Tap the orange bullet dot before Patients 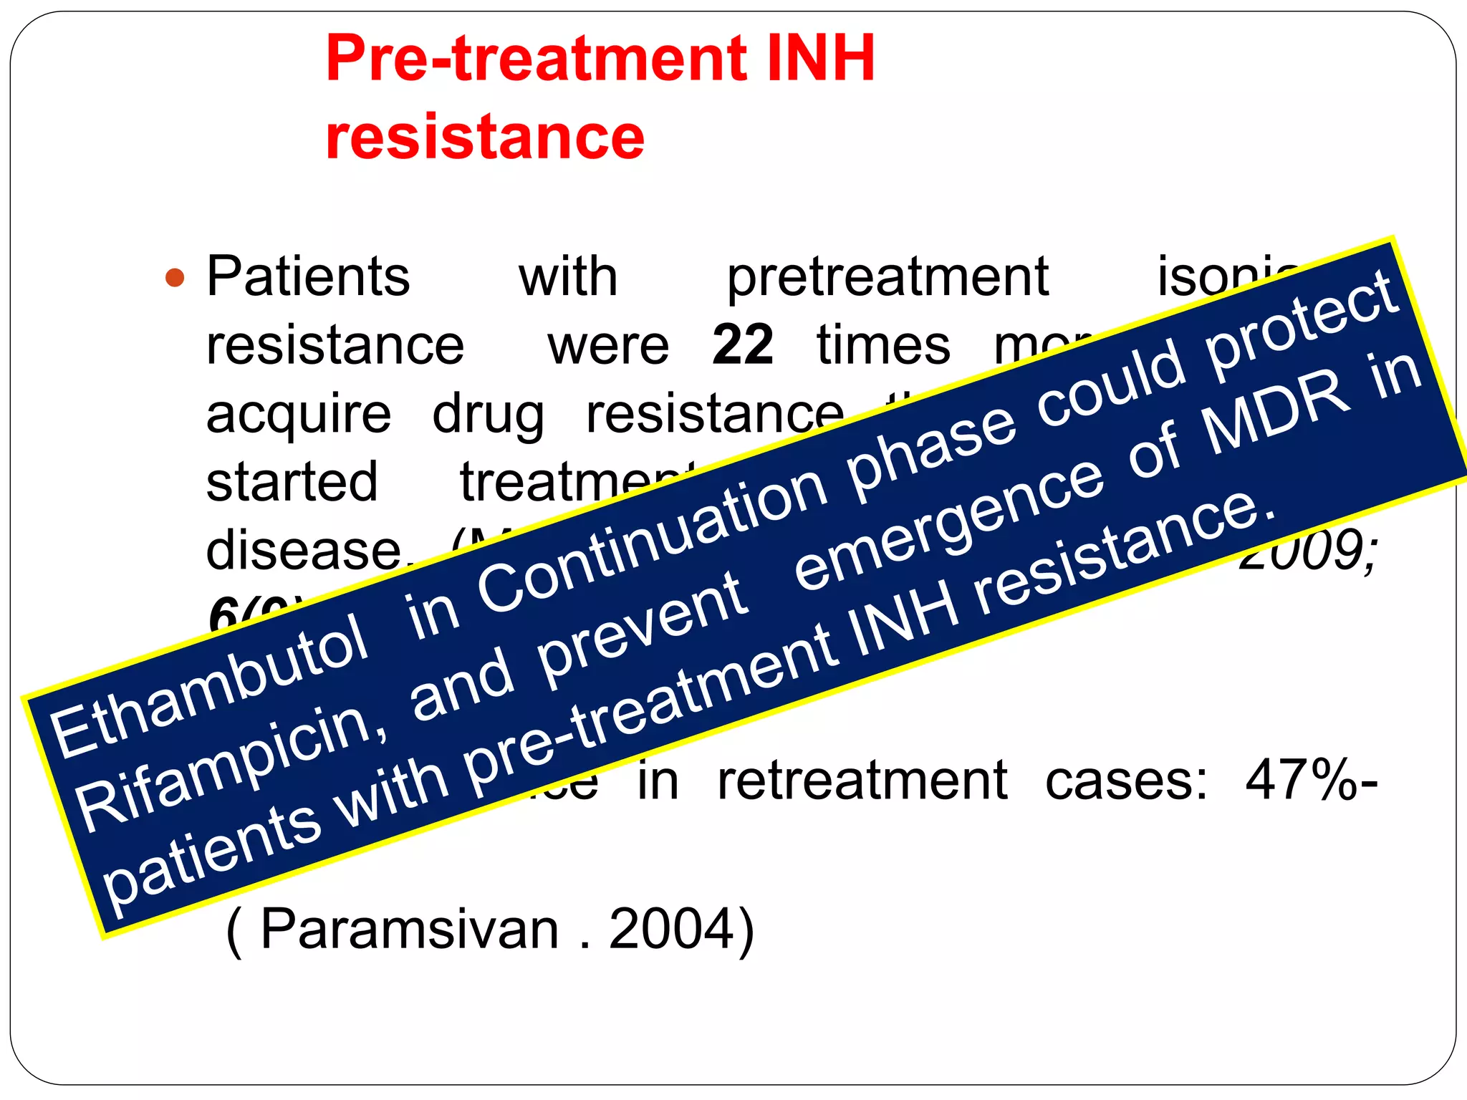(x=175, y=277)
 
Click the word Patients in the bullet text (x=308, y=276)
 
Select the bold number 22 (x=743, y=345)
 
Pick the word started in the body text (x=292, y=482)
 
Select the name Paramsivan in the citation (x=409, y=929)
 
